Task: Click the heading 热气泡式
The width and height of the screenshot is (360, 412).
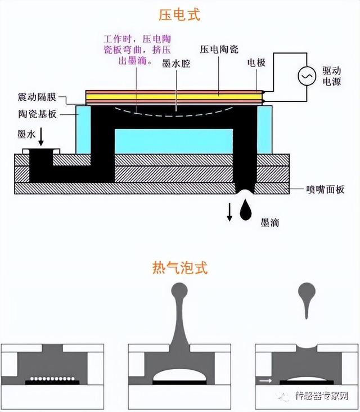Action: pyautogui.click(x=180, y=267)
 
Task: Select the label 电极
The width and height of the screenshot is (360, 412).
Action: pyautogui.click(x=256, y=63)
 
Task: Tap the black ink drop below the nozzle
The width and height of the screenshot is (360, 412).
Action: pyautogui.click(x=246, y=210)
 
